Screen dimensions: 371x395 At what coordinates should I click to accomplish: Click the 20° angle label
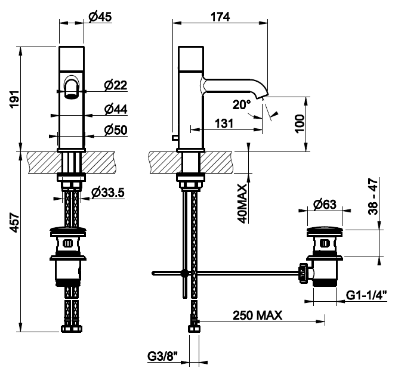point(242,105)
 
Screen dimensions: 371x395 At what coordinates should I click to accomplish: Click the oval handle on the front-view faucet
point(72,87)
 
